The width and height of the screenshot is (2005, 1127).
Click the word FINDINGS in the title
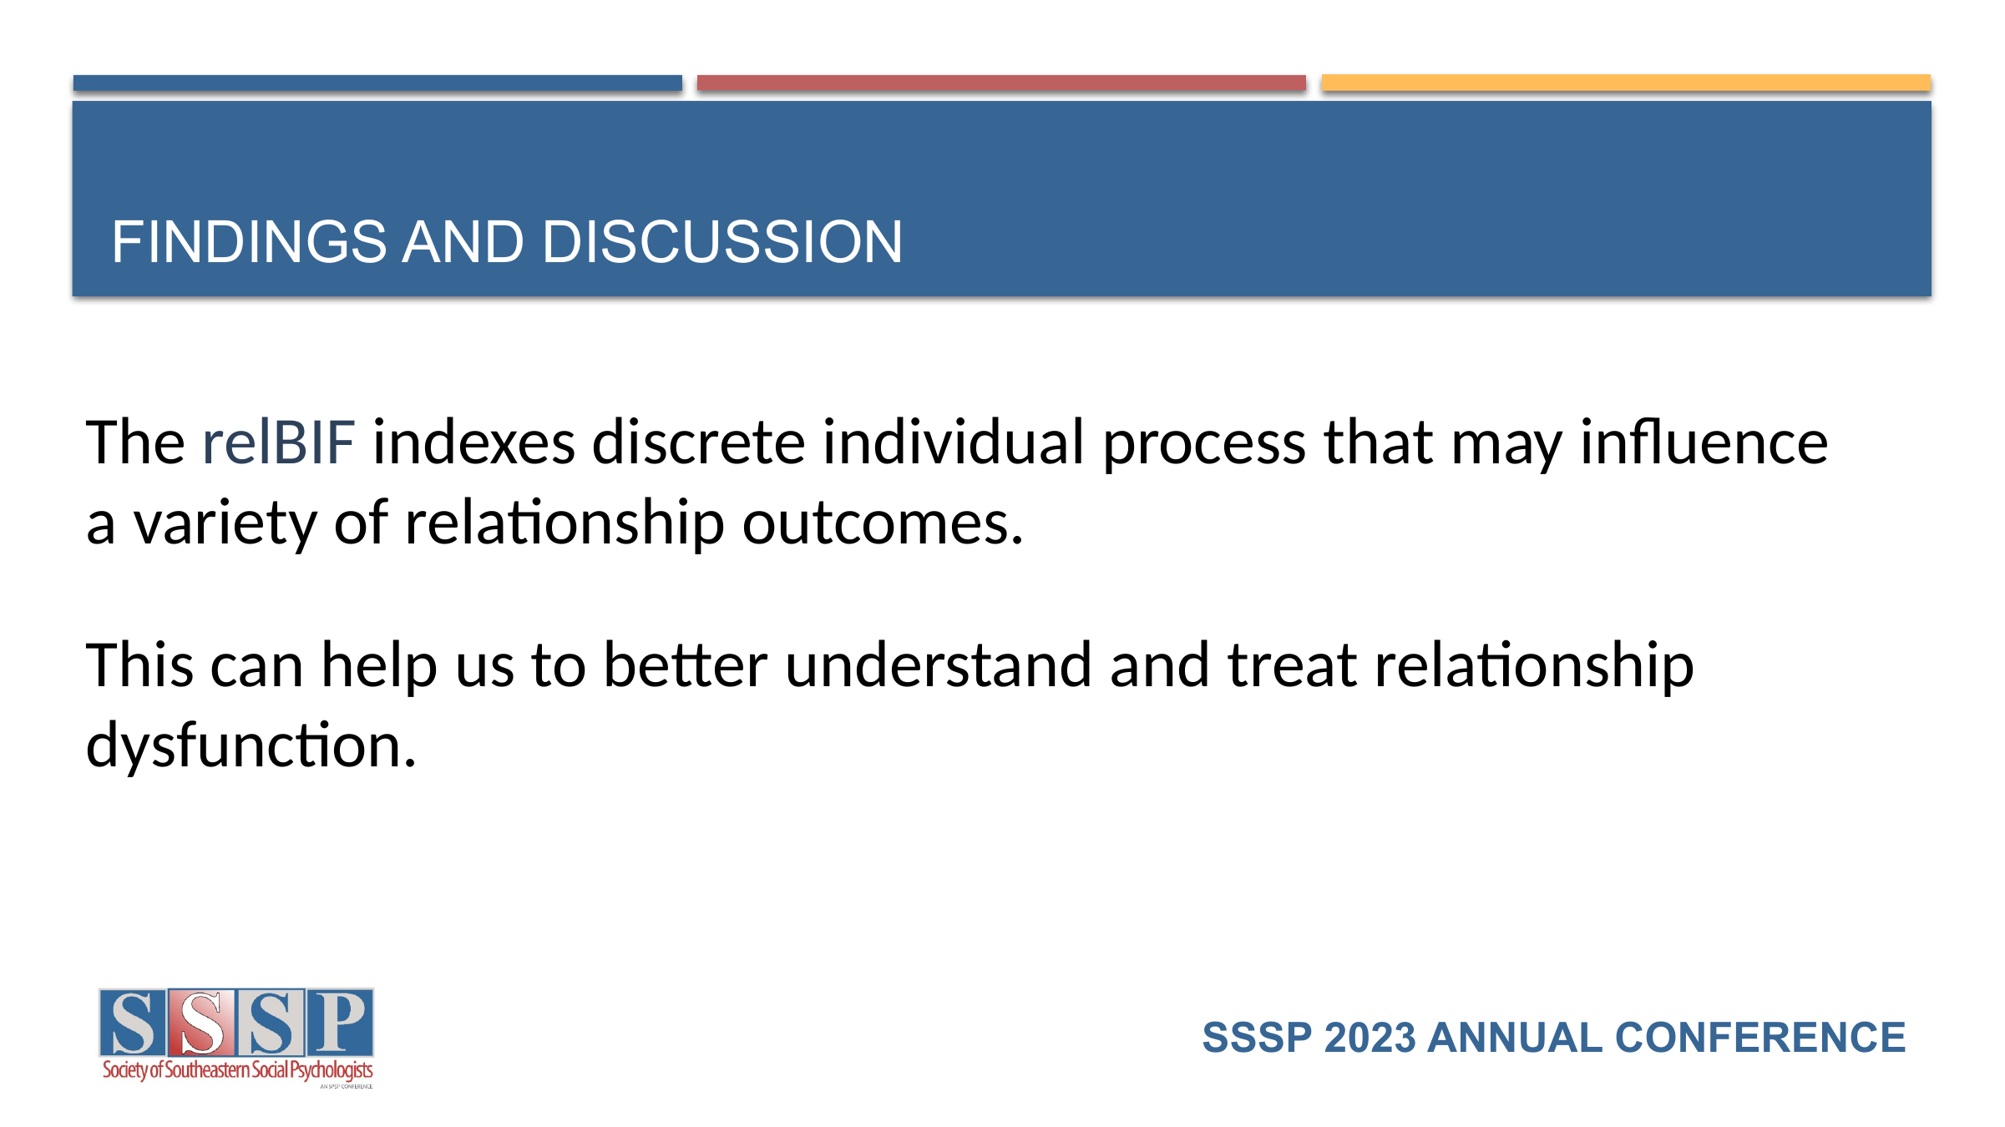coord(249,242)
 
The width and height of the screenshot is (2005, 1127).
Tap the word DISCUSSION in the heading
coord(722,242)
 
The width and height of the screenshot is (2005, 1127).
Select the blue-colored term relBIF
coord(279,442)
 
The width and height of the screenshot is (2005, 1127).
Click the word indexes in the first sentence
coord(473,442)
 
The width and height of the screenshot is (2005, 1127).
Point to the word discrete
coord(698,442)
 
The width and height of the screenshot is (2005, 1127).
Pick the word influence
coord(1704,442)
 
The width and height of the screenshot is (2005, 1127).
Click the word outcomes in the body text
coord(883,523)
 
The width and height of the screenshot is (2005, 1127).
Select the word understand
coord(939,665)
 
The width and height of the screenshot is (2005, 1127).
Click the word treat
coord(1292,665)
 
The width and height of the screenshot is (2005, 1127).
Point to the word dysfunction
coord(251,745)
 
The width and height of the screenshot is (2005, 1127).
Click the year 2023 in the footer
coord(1370,1038)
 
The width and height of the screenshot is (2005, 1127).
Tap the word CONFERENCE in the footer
coord(1760,1038)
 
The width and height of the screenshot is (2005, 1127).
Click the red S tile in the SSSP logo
coord(201,1023)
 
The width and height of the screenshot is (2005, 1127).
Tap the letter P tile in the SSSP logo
coord(340,1023)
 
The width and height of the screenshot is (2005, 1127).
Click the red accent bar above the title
coord(1001,83)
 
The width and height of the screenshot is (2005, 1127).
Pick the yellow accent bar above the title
coord(1626,83)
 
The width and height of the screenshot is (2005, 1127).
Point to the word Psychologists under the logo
coord(332,1071)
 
